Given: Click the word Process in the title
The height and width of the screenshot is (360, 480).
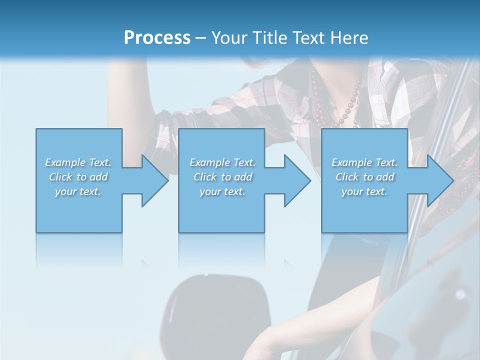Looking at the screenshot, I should (x=157, y=38).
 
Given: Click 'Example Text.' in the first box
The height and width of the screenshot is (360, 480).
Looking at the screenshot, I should (x=78, y=162).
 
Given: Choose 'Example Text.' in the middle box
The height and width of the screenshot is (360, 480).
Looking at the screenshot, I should (x=222, y=162).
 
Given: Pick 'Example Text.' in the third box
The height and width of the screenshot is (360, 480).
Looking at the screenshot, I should (x=364, y=162).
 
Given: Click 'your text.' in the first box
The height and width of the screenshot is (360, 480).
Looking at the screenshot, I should (x=78, y=191).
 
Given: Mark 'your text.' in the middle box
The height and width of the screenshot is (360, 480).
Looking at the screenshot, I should (x=222, y=191).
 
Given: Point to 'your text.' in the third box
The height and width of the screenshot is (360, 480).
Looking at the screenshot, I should (x=364, y=191).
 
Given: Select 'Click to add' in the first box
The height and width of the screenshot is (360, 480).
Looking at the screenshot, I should (x=78, y=177).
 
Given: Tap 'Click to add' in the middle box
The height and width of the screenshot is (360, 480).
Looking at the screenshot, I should (x=222, y=177).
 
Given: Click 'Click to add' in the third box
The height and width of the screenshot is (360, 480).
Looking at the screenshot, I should (x=364, y=177).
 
